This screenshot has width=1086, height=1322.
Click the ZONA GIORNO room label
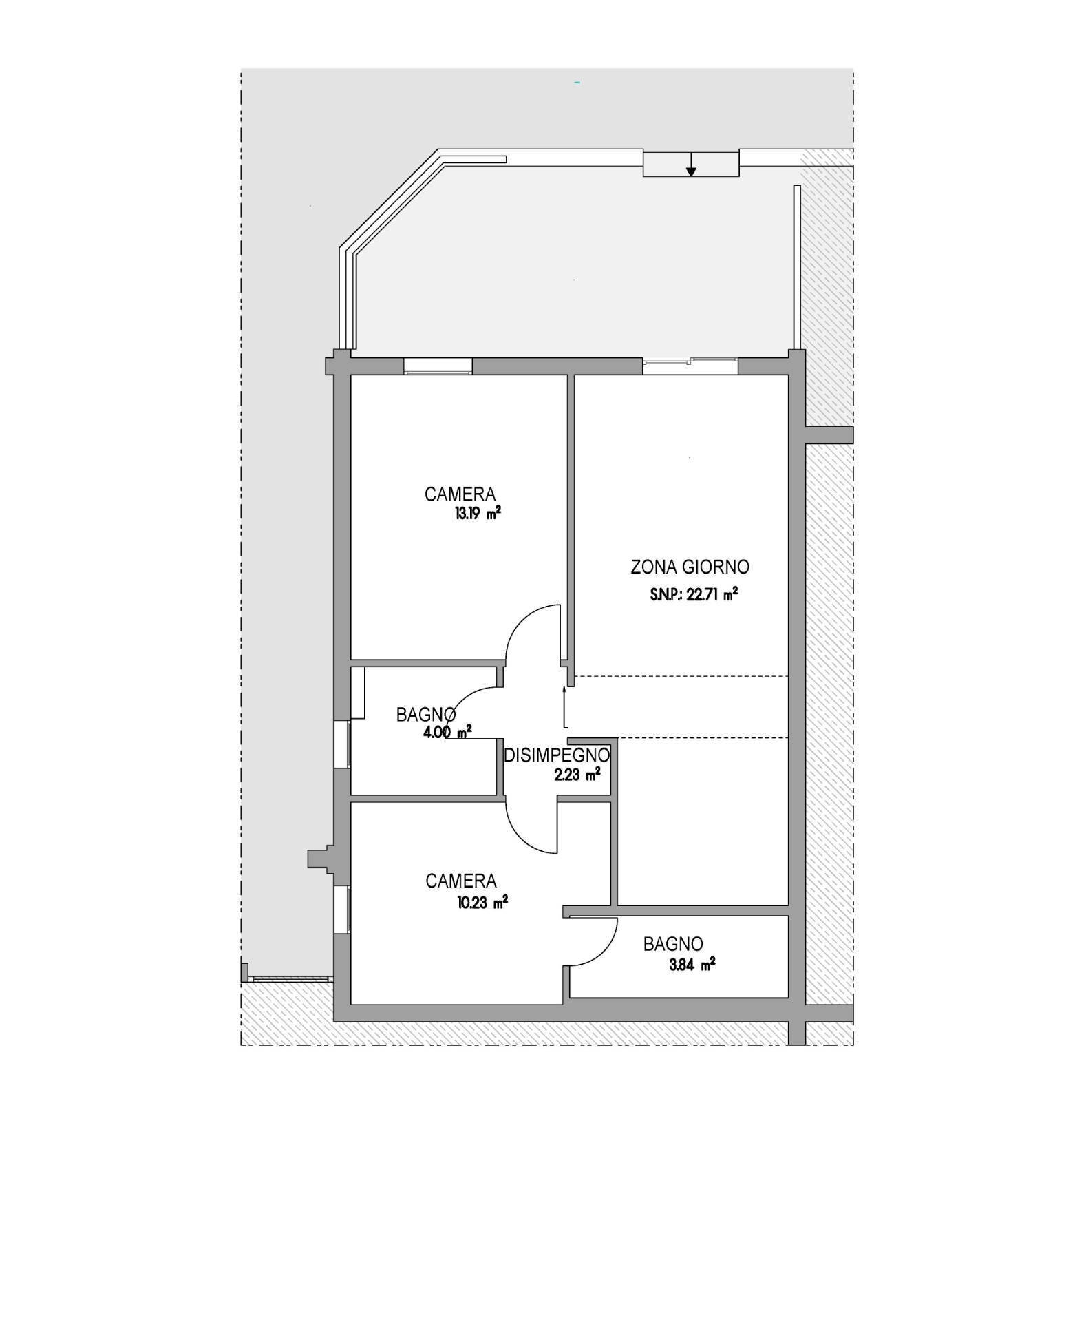pos(690,567)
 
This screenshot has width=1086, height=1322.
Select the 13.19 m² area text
pos(477,514)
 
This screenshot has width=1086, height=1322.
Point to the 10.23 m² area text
pos(482,902)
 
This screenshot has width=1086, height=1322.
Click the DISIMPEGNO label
pos(557,755)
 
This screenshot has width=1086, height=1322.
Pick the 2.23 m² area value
pos(577,775)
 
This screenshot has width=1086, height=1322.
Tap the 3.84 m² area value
pos(692,965)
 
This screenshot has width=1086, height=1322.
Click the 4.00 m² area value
pos(448,732)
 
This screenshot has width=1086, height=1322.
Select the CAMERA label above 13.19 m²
pos(460,494)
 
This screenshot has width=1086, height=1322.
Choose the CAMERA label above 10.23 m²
pos(460,881)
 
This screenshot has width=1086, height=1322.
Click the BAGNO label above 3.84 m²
pos(673,944)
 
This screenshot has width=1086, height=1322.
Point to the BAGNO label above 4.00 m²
pos(425,715)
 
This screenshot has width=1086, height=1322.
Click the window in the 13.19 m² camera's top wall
pos(438,366)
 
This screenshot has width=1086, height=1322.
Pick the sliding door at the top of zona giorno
pos(690,366)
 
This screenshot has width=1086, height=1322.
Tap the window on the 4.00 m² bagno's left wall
pos(343,744)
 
